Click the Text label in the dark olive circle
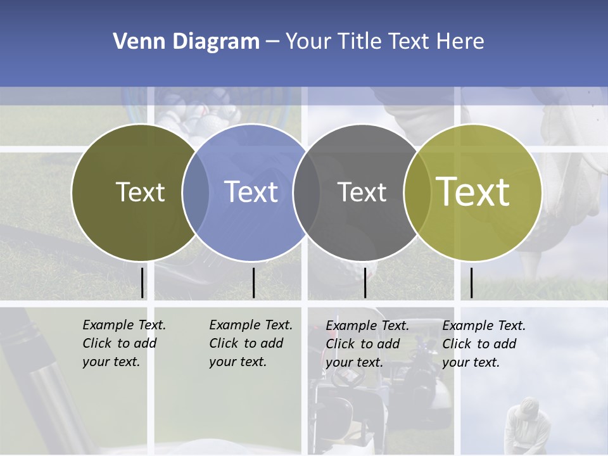pos(140,192)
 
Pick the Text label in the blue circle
pos(251,192)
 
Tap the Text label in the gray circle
pos(362,192)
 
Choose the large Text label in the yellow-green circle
pos(473,192)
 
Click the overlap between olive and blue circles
pos(195,192)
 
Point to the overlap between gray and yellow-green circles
pos(417,192)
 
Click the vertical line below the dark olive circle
pos(142,282)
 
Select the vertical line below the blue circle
pos(253,282)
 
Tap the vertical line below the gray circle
pos(365,282)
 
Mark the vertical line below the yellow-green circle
pos(471,282)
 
